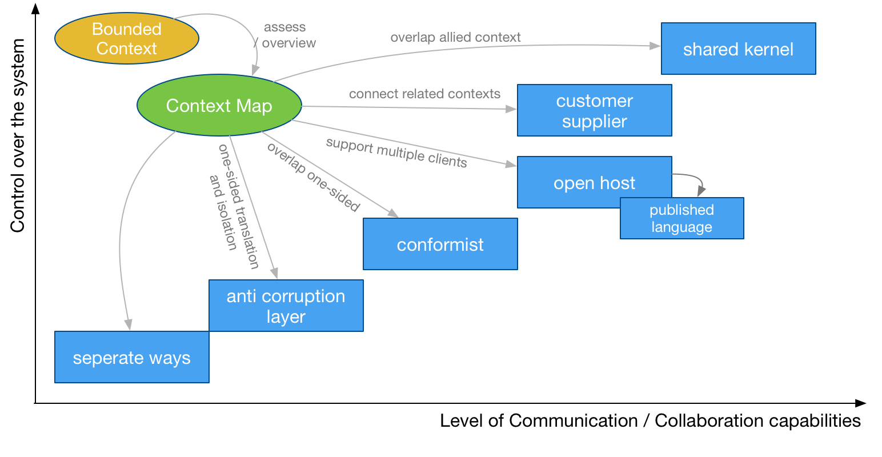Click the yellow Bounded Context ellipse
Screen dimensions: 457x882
point(126,39)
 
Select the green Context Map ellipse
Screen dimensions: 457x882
point(219,106)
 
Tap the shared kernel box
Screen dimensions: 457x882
point(738,49)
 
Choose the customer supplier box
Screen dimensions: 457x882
point(594,111)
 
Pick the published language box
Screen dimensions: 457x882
point(681,219)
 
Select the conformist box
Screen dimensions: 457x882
point(440,244)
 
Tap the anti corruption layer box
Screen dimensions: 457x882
point(286,306)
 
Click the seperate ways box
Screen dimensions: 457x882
point(131,358)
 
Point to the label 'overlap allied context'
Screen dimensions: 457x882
point(455,38)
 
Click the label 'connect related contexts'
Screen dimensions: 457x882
point(424,94)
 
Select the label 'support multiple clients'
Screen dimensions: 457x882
point(396,153)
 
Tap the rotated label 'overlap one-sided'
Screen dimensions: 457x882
point(313,177)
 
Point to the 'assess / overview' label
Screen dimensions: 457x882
point(286,35)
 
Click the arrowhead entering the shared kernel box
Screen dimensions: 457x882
point(655,46)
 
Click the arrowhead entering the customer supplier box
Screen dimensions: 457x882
point(511,109)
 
